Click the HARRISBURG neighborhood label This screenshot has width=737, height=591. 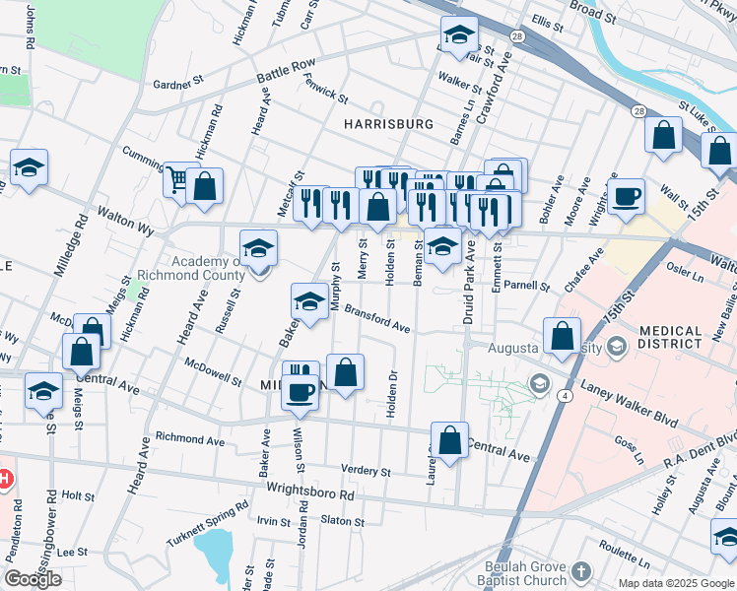click(x=388, y=124)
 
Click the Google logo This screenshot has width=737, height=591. click(x=33, y=579)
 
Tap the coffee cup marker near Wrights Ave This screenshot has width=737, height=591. click(x=625, y=197)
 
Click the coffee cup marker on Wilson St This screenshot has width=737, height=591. click(x=301, y=391)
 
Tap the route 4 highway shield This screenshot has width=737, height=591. click(x=565, y=395)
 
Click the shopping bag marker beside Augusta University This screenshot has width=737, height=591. click(x=561, y=336)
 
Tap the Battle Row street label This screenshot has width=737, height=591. click(x=285, y=72)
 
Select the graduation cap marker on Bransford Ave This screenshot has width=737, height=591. click(x=309, y=301)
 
